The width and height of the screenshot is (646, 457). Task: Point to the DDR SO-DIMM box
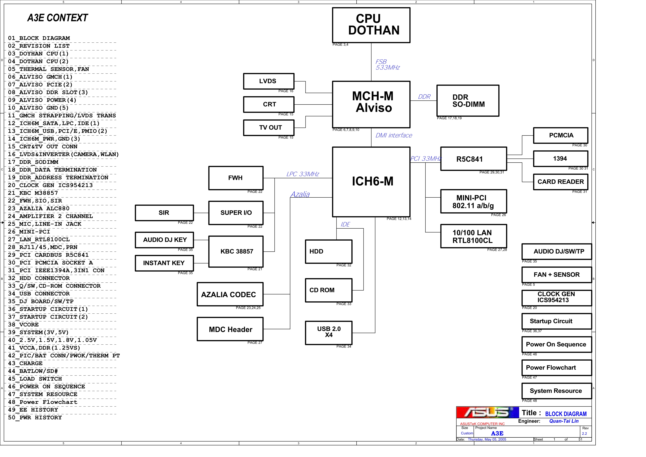pyautogui.click(x=468, y=100)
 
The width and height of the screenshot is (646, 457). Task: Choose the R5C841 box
pyautogui.click(x=474, y=159)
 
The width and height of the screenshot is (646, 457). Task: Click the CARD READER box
pyautogui.click(x=561, y=182)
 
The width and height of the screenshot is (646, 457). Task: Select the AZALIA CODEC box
pyautogui.click(x=230, y=294)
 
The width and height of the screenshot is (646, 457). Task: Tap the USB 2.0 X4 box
pyautogui.click(x=329, y=333)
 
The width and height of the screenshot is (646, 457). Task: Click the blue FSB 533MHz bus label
pyautogui.click(x=387, y=65)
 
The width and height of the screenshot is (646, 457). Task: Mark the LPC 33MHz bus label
pyautogui.click(x=303, y=174)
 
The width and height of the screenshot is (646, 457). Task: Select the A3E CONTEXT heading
pyautogui.click(x=58, y=18)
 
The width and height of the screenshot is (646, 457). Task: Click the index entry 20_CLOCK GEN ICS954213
pyautogui.click(x=50, y=185)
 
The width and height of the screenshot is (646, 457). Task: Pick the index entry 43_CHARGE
pyautogui.click(x=25, y=363)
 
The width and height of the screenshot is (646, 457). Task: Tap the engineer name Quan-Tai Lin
pyautogui.click(x=564, y=421)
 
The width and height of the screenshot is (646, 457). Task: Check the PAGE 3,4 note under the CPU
pyautogui.click(x=340, y=44)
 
